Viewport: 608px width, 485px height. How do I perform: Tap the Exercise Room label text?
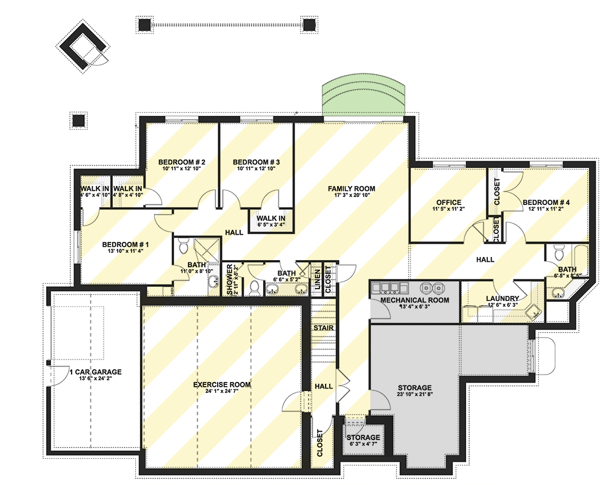click(x=222, y=384)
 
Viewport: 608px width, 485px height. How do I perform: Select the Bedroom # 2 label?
click(x=182, y=162)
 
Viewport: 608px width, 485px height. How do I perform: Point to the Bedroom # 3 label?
click(x=256, y=162)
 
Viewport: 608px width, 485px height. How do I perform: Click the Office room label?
click(x=449, y=202)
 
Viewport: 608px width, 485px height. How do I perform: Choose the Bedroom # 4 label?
click(x=546, y=202)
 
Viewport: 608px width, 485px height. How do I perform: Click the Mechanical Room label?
click(x=415, y=300)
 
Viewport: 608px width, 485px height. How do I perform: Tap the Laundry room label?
click(x=502, y=298)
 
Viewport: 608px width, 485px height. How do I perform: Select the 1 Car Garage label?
click(x=95, y=372)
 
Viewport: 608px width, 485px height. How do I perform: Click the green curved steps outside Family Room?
click(x=363, y=97)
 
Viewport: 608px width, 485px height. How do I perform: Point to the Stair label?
click(x=322, y=328)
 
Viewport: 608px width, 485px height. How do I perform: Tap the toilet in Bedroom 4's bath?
click(x=560, y=250)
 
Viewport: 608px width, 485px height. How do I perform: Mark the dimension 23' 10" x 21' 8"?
click(x=415, y=395)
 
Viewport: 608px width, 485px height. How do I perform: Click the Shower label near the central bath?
click(x=230, y=280)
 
